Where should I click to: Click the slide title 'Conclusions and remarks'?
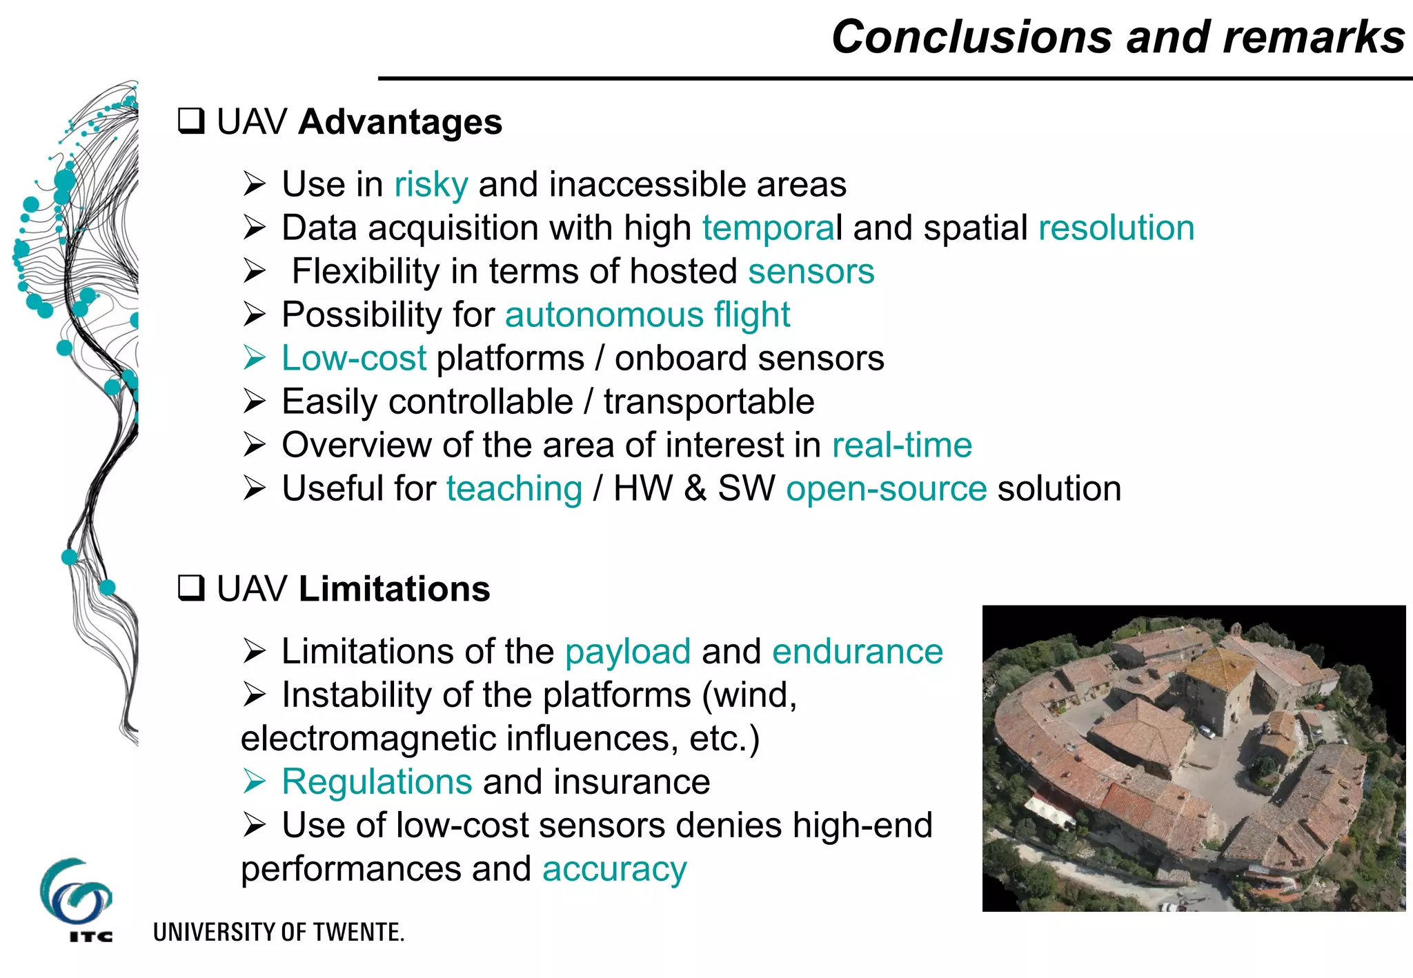(1118, 37)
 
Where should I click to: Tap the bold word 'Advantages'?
(400, 122)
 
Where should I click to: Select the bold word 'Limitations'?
(394, 589)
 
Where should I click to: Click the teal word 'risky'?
(431, 185)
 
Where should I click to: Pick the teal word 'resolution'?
(1116, 228)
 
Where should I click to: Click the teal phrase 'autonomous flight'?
(647, 315)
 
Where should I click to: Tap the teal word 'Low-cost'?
(354, 359)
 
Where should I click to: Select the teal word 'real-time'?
(902, 446)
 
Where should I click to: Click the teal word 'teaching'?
(514, 489)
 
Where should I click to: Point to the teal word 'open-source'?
(886, 489)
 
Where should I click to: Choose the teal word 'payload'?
(628, 652)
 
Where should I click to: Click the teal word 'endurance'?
(858, 652)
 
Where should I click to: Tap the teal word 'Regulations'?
(377, 782)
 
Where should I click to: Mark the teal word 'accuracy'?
(614, 869)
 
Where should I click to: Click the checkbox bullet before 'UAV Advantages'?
(191, 121)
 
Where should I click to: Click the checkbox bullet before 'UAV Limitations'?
(191, 588)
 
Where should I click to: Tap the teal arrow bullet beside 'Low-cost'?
(254, 358)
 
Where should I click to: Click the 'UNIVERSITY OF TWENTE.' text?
(278, 932)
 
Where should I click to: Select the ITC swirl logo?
(76, 894)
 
